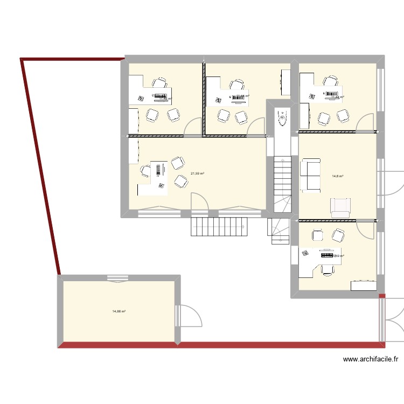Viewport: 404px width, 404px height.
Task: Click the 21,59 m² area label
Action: click(x=197, y=173)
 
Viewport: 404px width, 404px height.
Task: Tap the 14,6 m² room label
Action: click(x=338, y=176)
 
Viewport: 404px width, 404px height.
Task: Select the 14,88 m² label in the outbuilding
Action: click(x=119, y=311)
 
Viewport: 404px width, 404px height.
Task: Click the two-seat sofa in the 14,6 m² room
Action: click(x=311, y=175)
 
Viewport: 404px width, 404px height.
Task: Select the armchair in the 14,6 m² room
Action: click(x=340, y=208)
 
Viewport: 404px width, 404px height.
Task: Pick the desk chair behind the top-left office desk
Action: click(x=159, y=83)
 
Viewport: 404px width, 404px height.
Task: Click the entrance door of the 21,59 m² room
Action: click(x=199, y=202)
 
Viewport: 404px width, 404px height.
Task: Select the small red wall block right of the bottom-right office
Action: click(x=382, y=296)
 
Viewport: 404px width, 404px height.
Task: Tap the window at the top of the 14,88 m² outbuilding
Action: click(x=118, y=278)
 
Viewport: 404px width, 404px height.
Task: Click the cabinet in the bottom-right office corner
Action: click(x=364, y=285)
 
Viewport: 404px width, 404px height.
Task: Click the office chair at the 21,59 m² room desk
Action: click(x=145, y=171)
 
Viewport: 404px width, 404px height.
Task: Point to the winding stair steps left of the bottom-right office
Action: click(x=279, y=232)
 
